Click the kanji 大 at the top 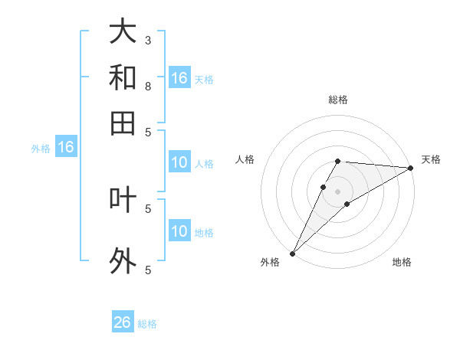(x=123, y=31)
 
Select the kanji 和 (x=123, y=77)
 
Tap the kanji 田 (x=123, y=123)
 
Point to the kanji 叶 (x=123, y=199)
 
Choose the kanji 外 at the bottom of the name (x=123, y=260)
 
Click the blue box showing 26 (x=123, y=322)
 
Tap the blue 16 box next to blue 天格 (x=179, y=78)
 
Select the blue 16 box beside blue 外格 (x=66, y=147)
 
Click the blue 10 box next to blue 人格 (x=179, y=162)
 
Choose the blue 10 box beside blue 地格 (x=179, y=231)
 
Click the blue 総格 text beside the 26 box (x=147, y=324)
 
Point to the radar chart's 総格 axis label (x=338, y=100)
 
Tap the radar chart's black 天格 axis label (x=431, y=159)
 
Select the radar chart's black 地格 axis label (x=402, y=262)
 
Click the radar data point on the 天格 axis (x=411, y=168)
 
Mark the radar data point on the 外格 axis (x=292, y=254)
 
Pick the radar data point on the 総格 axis (x=338, y=161)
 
